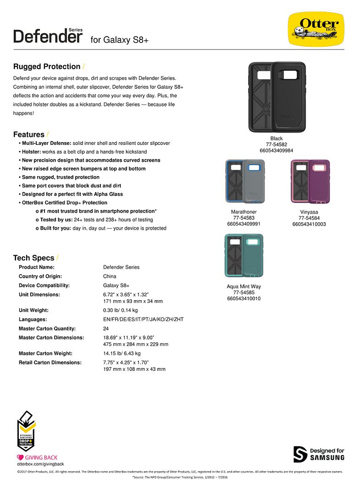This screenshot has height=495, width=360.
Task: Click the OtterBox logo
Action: (x=316, y=29)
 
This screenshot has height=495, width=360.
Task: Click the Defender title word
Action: (x=48, y=36)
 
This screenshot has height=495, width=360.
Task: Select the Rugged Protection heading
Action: (x=47, y=66)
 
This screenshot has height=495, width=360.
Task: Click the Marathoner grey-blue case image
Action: (x=245, y=181)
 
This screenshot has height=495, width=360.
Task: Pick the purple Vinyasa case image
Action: (x=310, y=181)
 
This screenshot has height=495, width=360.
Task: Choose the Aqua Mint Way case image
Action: (x=244, y=256)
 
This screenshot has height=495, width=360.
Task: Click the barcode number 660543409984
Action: (x=277, y=150)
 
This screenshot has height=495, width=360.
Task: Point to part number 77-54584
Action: (x=309, y=218)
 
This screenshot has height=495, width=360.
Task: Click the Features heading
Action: (x=29, y=134)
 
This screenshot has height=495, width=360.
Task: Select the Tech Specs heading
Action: (x=33, y=258)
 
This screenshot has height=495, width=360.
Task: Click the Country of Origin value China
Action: (x=110, y=276)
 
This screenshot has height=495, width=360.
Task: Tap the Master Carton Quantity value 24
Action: (x=106, y=329)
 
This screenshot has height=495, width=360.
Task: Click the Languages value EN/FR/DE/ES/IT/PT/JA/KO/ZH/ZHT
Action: (x=143, y=319)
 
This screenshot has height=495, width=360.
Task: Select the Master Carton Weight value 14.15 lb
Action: (x=122, y=353)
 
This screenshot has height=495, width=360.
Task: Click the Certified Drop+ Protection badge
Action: (x=27, y=431)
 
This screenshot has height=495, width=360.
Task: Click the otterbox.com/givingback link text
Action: (x=37, y=464)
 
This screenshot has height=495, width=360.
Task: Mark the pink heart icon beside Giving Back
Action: (x=20, y=457)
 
